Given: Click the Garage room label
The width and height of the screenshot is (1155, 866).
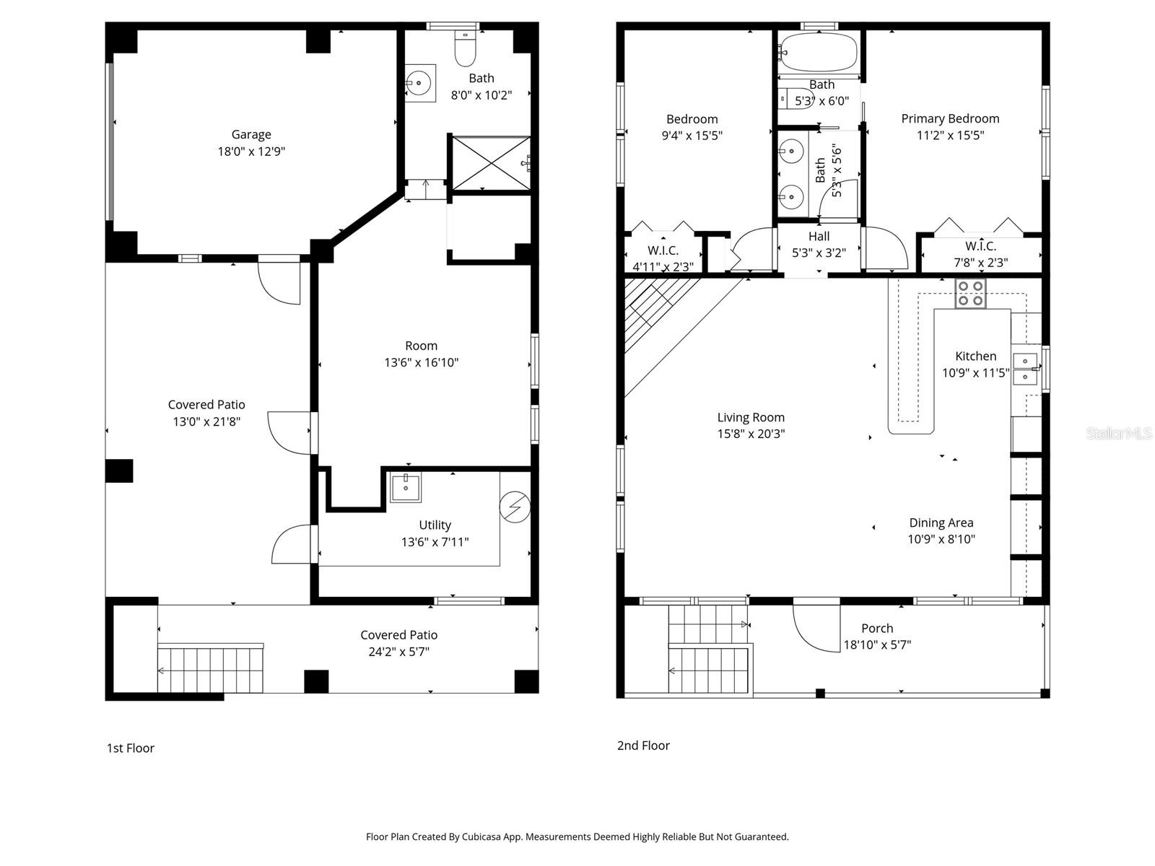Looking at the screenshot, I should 251,134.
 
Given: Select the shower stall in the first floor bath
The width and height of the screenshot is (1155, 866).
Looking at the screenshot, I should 491,163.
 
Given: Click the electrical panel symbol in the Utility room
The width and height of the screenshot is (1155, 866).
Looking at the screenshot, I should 515,507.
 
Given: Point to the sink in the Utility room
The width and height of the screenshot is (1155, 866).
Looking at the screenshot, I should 406,487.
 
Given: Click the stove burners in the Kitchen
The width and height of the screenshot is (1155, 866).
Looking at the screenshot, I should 970,293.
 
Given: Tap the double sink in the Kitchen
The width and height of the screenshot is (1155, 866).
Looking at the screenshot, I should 1025,368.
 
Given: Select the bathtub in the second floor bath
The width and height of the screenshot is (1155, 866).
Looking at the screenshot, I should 819,52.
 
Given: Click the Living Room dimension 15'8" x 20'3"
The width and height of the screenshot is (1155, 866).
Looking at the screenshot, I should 751,434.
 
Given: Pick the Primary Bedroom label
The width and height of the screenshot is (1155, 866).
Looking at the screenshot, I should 950,118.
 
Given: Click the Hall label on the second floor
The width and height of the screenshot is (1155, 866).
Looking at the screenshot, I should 819,236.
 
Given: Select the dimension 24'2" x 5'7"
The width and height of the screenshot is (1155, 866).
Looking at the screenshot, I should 399,652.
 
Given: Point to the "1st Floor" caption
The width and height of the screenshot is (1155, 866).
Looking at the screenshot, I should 131,748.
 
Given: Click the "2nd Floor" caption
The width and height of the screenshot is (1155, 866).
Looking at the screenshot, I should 643,745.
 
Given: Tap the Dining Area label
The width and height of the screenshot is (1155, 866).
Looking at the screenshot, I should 941,522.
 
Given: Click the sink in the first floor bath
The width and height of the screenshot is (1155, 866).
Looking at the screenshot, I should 419,83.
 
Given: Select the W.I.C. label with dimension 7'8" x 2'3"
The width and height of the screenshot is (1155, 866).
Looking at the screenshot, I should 980,246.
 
